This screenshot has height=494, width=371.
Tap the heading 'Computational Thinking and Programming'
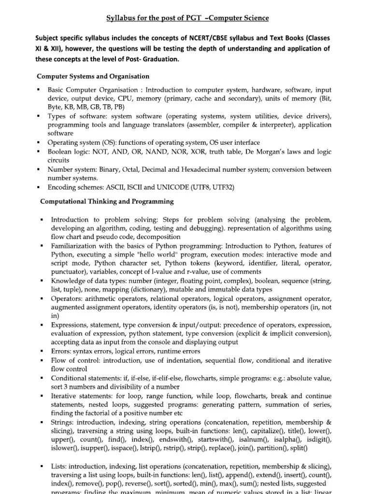pos(107,201)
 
